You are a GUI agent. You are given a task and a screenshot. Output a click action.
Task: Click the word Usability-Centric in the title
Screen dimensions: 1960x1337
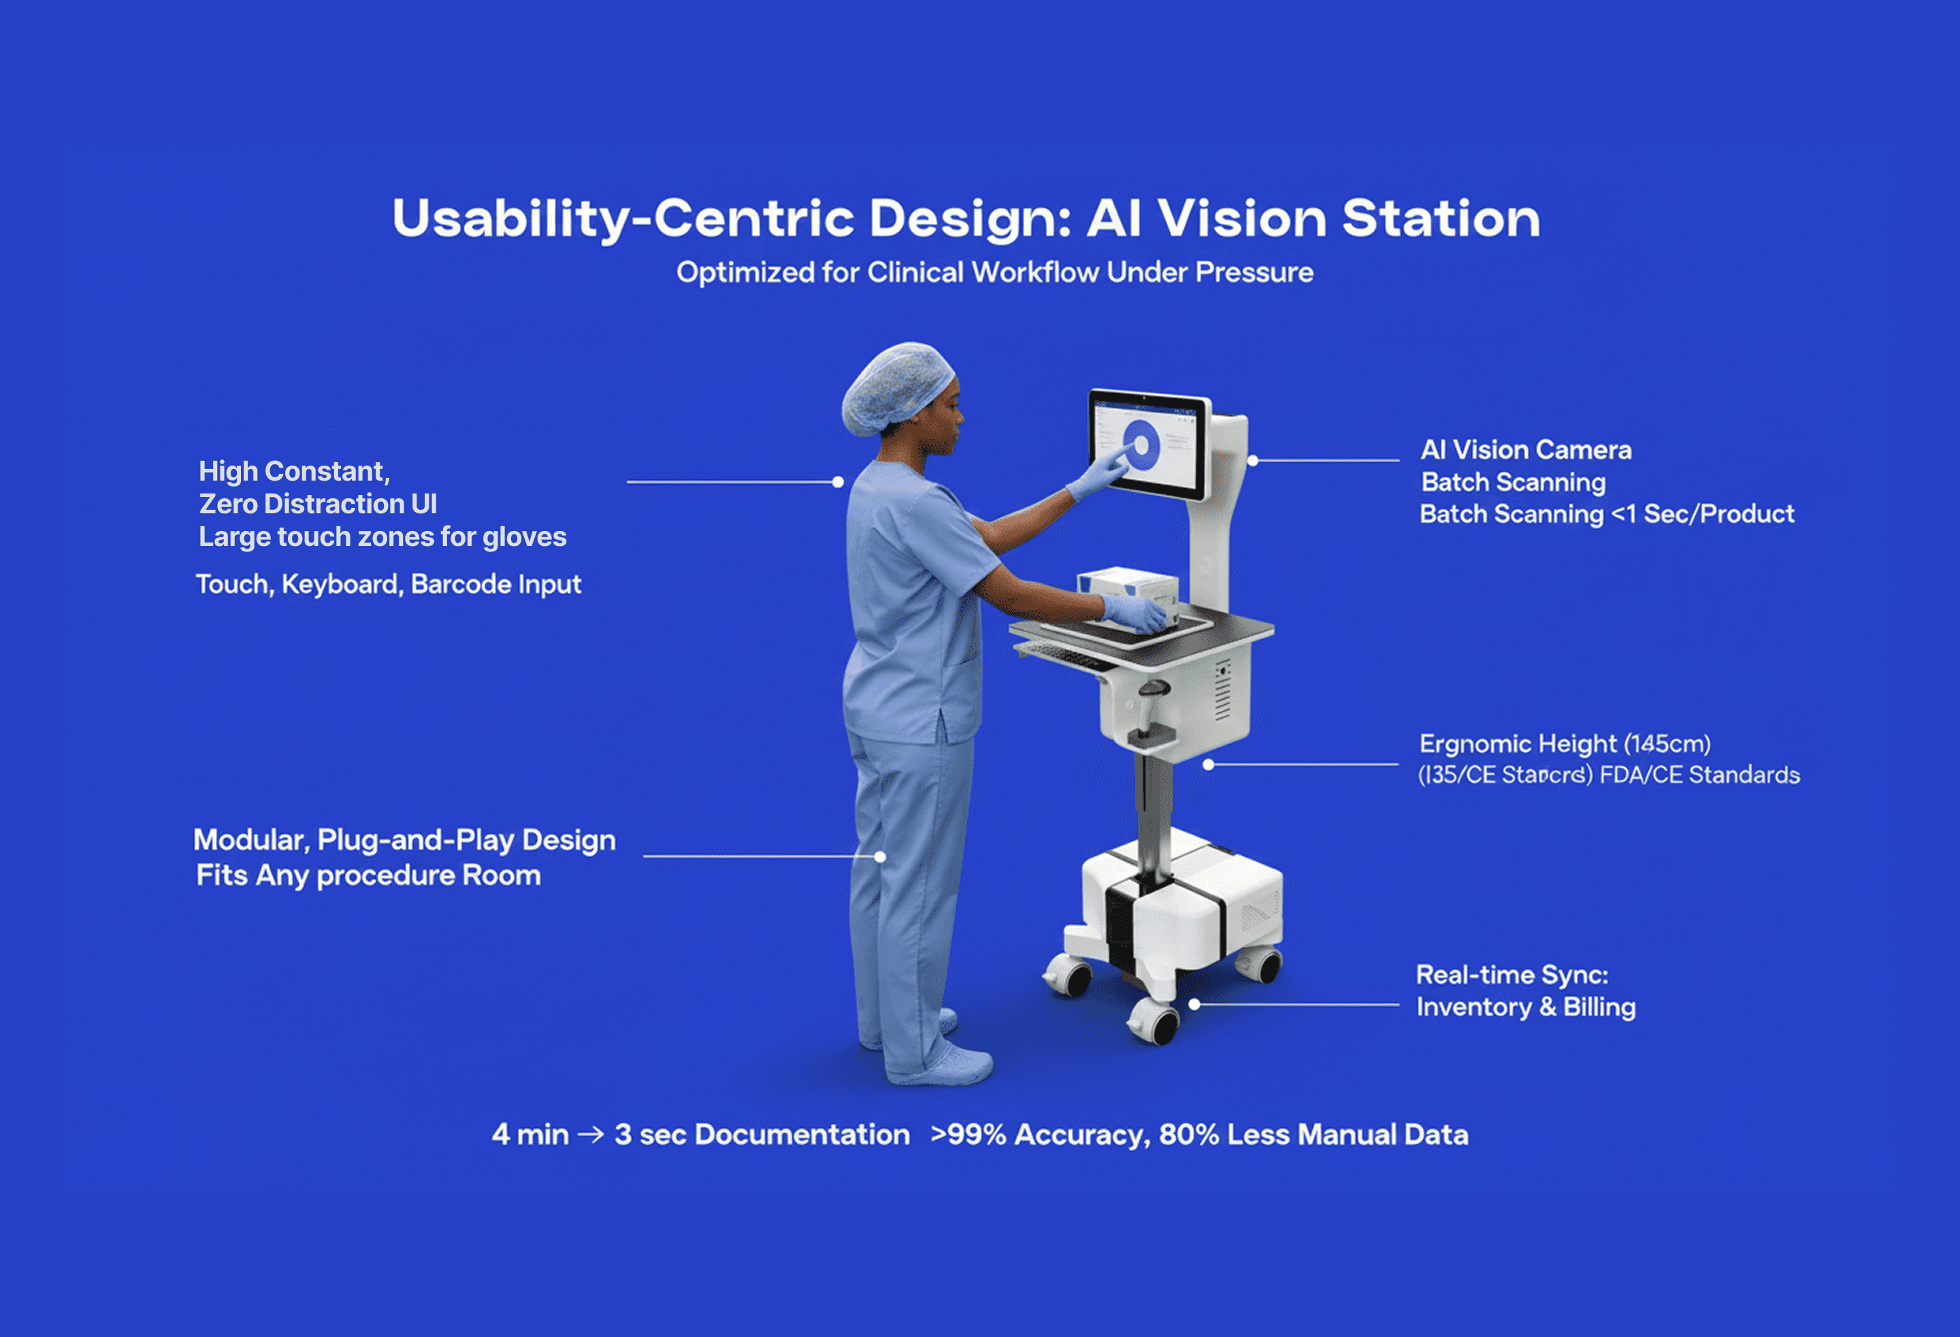click(x=623, y=219)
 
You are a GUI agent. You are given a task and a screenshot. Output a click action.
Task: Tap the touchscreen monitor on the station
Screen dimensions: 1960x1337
click(x=1149, y=444)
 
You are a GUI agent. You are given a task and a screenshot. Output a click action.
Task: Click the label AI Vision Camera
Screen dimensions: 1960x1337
click(x=1526, y=449)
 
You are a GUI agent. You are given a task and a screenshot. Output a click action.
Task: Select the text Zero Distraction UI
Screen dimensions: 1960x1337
click(x=318, y=504)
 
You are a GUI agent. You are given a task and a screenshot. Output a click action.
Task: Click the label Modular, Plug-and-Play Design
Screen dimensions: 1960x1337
click(x=405, y=840)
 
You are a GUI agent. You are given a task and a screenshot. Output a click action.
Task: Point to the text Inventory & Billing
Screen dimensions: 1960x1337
click(x=1526, y=1008)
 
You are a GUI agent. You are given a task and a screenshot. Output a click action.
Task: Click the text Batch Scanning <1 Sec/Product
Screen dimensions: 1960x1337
click(x=1607, y=514)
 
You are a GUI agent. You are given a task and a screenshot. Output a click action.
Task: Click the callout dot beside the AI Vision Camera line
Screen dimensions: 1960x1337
click(x=1254, y=461)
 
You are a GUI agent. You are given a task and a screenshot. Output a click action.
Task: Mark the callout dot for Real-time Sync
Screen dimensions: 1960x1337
click(x=1194, y=1005)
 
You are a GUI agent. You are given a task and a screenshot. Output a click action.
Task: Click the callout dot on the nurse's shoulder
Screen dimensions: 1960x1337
click(x=838, y=483)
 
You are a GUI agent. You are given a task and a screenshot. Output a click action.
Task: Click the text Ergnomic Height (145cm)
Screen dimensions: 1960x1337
click(x=1565, y=744)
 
